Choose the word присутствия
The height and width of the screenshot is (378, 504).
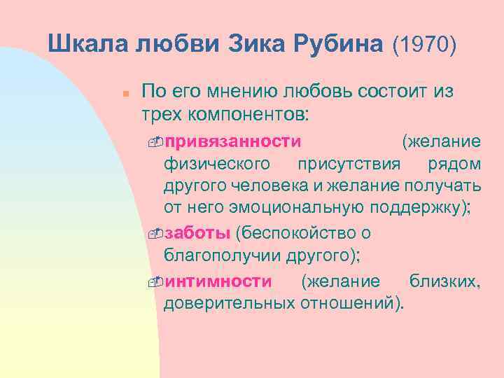349,164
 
